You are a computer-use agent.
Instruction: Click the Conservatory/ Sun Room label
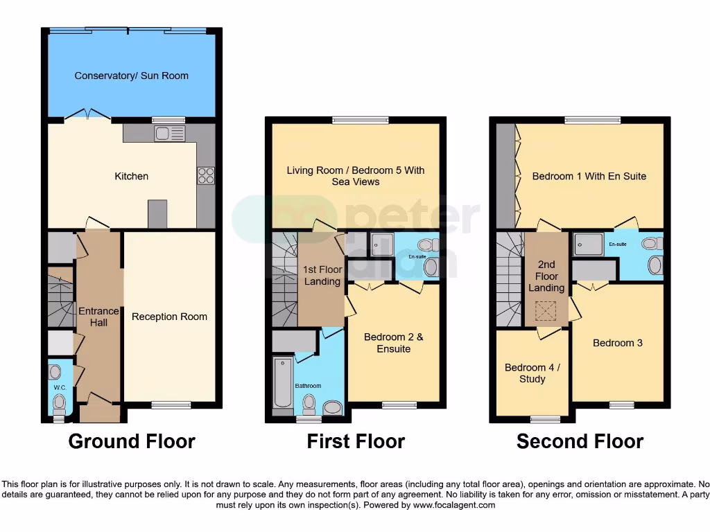click(131, 76)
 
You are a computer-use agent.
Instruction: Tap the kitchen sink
click(169, 133)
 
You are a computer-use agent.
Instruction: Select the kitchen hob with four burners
click(207, 176)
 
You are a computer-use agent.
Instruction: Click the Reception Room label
click(169, 317)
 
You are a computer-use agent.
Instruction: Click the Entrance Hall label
click(98, 317)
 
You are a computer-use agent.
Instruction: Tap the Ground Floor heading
click(132, 441)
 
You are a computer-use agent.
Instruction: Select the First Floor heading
click(356, 441)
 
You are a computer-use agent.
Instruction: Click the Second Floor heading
click(580, 441)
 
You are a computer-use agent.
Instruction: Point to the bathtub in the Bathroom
click(283, 383)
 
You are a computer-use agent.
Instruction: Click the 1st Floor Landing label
click(322, 275)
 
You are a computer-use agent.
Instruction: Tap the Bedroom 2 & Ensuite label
click(393, 343)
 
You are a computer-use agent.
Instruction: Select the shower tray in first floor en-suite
click(381, 244)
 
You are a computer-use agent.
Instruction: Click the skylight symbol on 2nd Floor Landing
click(548, 312)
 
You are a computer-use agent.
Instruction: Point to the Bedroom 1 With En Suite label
click(589, 176)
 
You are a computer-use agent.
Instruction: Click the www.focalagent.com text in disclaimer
click(453, 506)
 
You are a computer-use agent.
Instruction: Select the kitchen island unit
click(158, 213)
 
